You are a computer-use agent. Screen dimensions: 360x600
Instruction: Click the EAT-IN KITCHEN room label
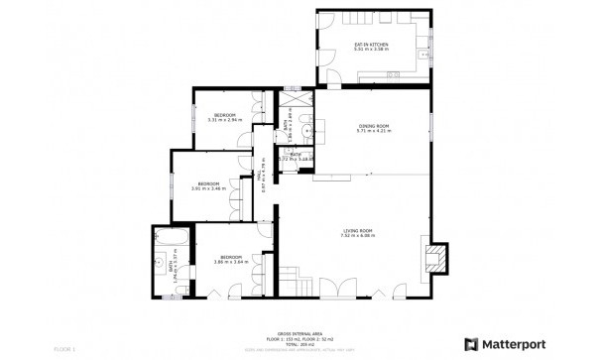[x=372, y=45]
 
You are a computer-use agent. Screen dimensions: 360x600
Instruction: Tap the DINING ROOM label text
[x=374, y=125]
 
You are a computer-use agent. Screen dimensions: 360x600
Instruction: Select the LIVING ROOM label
[x=357, y=230]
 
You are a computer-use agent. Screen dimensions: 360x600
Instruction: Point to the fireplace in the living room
[x=433, y=259]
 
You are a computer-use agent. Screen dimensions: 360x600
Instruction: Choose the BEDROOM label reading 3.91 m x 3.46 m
[x=208, y=183]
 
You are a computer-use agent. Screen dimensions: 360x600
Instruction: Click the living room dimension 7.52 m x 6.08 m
[x=358, y=236]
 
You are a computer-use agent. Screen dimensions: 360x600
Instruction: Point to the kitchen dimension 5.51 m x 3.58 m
[x=372, y=50]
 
